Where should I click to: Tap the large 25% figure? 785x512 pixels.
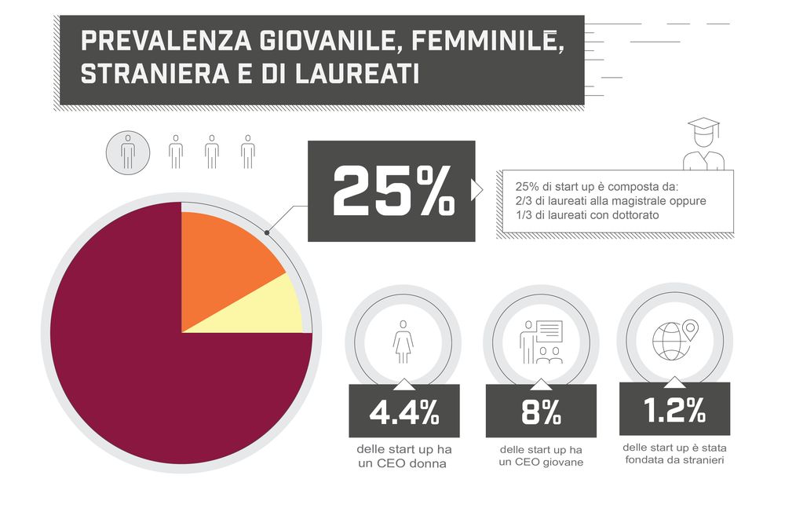(392, 191)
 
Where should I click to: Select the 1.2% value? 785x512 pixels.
(674, 411)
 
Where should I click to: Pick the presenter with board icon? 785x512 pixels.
(541, 342)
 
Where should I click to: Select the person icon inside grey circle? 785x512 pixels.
(128, 151)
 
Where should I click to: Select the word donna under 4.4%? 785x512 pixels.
(429, 463)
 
